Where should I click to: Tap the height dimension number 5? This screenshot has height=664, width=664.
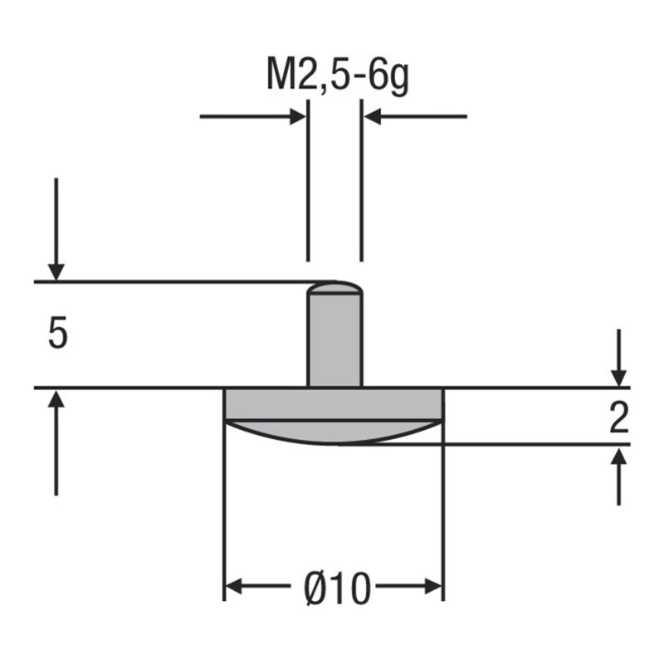coord(57,334)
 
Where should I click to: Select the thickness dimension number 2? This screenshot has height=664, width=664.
coord(618,419)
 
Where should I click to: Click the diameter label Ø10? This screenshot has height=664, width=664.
coord(335,589)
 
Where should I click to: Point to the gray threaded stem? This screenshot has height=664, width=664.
coord(334,340)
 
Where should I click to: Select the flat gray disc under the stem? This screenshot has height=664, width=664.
coord(334,404)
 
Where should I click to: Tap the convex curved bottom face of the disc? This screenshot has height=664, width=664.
coord(334,433)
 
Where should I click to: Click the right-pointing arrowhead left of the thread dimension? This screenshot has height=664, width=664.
coord(297,116)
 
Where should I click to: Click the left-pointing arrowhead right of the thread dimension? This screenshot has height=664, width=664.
coord(373,116)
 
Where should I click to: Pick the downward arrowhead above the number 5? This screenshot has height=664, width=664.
coord(56,271)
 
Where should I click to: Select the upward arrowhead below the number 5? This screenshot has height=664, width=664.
coord(56,399)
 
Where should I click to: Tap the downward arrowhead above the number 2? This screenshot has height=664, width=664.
coord(618,376)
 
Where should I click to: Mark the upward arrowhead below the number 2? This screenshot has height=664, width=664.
coord(618,456)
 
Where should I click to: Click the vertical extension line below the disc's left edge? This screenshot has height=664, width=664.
coord(225,515)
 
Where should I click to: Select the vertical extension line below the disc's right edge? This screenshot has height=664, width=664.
coord(444,515)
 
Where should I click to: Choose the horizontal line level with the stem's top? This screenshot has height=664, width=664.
coord(166,282)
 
